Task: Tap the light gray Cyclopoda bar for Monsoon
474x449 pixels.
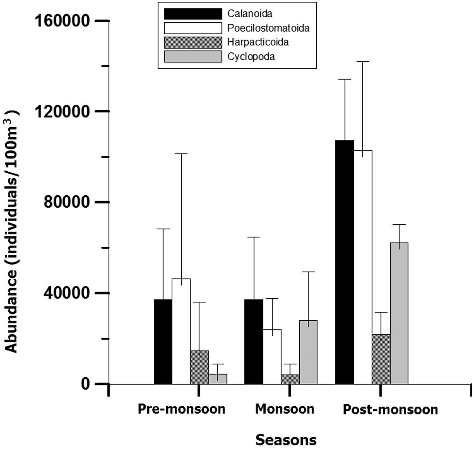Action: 308,352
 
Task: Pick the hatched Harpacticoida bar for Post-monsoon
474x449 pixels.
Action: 381,359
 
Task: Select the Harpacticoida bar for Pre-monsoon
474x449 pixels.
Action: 199,367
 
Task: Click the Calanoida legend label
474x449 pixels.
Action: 250,14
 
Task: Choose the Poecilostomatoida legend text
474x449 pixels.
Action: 268,28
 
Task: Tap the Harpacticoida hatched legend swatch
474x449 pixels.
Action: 193,42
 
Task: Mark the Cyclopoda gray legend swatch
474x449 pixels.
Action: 193,57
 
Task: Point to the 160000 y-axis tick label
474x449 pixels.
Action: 62,21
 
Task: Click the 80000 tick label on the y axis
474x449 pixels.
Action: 67,202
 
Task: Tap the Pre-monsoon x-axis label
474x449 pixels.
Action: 181,409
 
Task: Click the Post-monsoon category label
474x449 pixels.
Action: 390,409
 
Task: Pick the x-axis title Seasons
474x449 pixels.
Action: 286,440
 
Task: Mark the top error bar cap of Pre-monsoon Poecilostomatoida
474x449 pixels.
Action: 181,154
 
